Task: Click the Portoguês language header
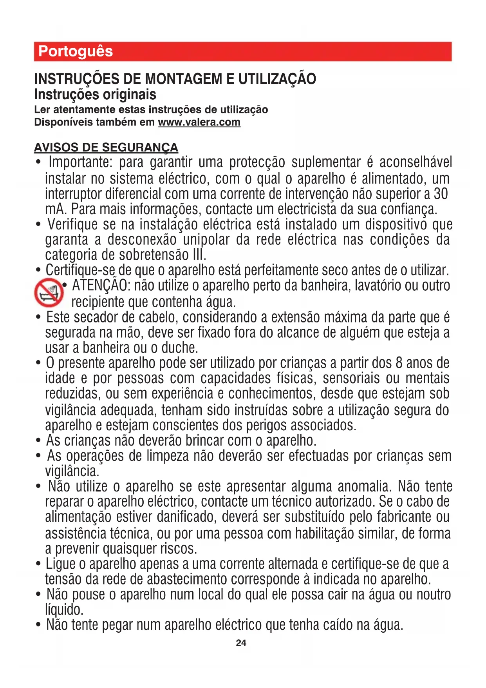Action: coord(76,51)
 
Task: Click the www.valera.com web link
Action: coord(199,122)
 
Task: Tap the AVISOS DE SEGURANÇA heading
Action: coord(106,147)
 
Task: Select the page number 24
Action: coord(241,643)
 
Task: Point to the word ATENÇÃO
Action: coord(100,286)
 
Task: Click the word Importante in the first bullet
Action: coord(80,162)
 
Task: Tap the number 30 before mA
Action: coord(441,194)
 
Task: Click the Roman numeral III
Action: coord(199,255)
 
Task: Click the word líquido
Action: coord(64,610)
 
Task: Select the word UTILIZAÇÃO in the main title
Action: coord(277,79)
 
